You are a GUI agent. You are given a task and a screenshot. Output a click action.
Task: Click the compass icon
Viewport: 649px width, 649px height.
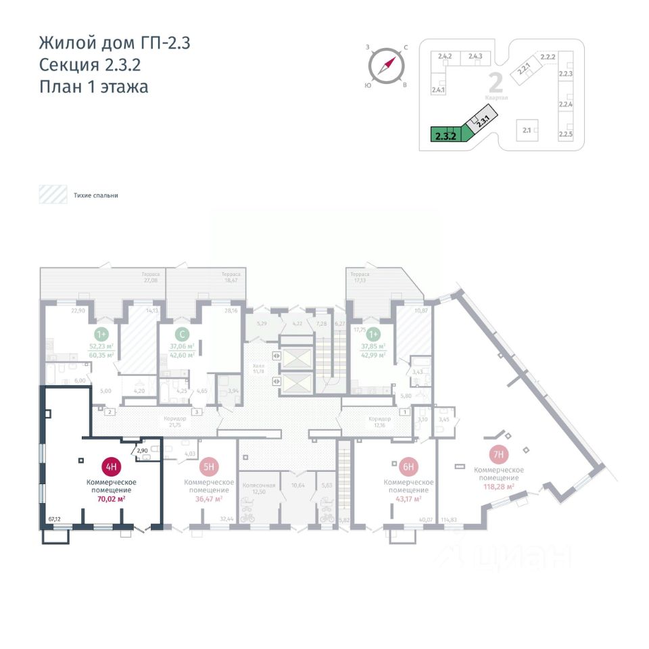tap(386, 66)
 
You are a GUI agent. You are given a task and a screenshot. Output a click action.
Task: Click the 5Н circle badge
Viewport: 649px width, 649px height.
tap(209, 466)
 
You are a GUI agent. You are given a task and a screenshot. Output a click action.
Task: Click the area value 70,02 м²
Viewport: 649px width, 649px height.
tap(112, 499)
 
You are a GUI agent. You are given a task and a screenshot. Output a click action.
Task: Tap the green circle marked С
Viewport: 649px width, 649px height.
tap(181, 334)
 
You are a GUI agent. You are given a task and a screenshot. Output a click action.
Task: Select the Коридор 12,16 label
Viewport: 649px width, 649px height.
tap(379, 421)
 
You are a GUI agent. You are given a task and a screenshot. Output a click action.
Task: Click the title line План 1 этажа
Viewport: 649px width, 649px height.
tap(94, 87)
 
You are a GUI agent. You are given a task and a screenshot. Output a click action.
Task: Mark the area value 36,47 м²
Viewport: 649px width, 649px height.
tap(210, 499)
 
